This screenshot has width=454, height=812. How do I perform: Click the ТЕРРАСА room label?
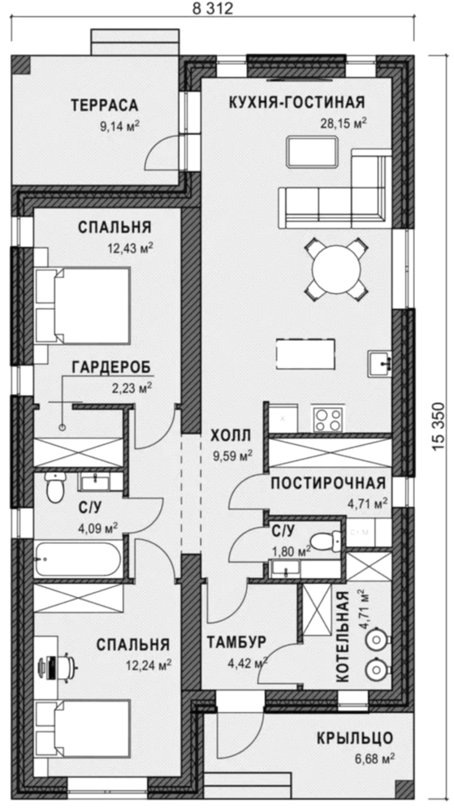click(x=105, y=105)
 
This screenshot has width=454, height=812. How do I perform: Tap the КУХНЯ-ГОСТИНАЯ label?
click(x=297, y=102)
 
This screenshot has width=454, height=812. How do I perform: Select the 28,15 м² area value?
click(x=344, y=123)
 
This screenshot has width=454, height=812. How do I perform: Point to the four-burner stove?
click(x=327, y=419)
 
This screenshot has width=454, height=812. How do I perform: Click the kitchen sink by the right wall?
click(x=380, y=365)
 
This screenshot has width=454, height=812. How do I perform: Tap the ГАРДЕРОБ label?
click(x=111, y=368)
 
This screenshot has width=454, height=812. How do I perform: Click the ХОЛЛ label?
click(x=231, y=435)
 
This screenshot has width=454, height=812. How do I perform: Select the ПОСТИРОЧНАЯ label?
click(x=329, y=483)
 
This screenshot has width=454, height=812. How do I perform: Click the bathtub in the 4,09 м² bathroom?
click(x=78, y=559)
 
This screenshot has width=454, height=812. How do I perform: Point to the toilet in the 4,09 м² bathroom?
click(x=54, y=488)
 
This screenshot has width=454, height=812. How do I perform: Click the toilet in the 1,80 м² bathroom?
click(x=327, y=542)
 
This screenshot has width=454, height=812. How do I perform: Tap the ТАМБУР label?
click(x=236, y=642)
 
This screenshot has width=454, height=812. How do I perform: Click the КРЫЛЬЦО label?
click(x=355, y=737)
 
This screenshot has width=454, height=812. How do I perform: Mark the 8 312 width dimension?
click(x=213, y=8)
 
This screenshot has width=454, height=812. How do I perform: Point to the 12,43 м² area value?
click(x=131, y=248)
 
